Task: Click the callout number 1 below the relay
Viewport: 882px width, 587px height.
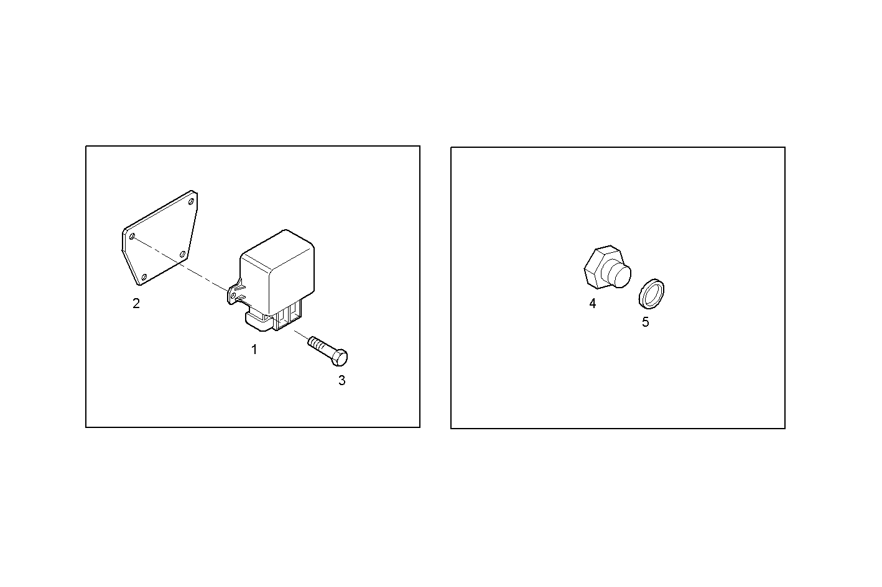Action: point(254,350)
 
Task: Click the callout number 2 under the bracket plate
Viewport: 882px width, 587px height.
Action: point(136,304)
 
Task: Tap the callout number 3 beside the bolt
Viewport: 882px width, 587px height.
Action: point(341,381)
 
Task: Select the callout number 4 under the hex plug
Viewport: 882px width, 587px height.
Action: point(593,304)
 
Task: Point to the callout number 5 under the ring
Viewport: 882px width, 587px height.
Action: point(645,322)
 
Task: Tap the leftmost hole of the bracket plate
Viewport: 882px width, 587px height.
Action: point(132,236)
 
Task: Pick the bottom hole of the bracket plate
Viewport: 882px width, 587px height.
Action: point(144,276)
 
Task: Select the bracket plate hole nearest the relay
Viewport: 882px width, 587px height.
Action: point(182,253)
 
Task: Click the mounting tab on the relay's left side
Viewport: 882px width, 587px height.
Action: point(235,294)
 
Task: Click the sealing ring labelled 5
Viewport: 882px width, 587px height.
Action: point(651,294)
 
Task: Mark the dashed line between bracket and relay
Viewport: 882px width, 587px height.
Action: point(187,267)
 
